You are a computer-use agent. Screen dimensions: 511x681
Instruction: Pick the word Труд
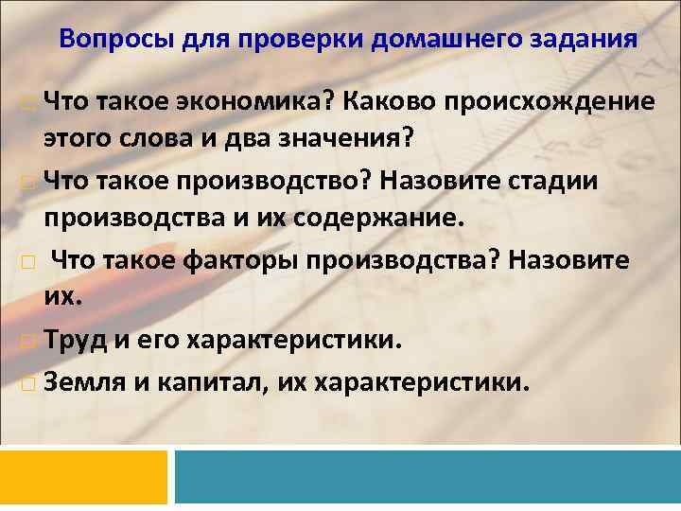[x=77, y=340]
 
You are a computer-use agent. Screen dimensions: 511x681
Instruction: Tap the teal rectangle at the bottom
[x=428, y=476]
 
